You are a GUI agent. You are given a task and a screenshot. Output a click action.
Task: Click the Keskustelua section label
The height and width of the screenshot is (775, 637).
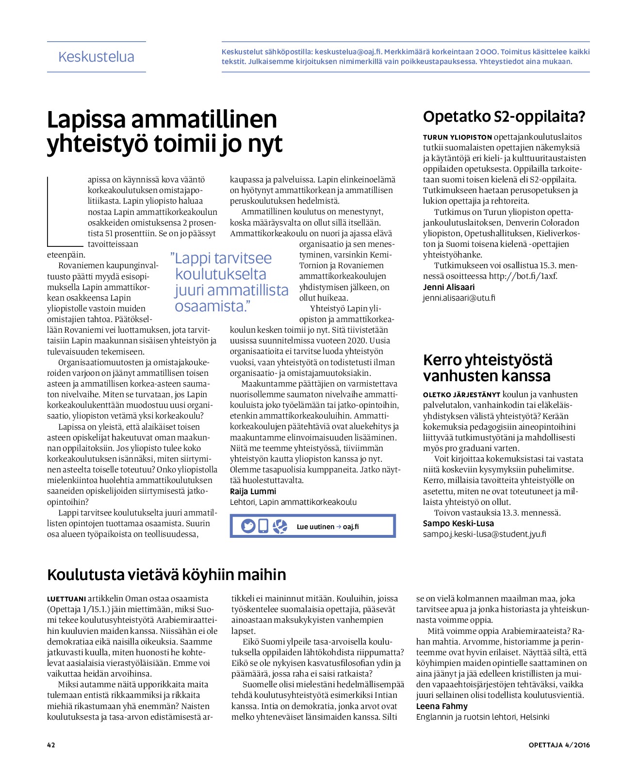coord(96,57)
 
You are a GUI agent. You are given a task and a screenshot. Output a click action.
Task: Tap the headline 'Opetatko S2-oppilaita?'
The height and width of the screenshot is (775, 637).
coord(504,117)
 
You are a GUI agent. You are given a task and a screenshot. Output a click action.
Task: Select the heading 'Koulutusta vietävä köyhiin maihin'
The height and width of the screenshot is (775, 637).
coord(166,575)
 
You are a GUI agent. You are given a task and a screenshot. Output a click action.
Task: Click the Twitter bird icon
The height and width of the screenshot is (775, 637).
coord(248,526)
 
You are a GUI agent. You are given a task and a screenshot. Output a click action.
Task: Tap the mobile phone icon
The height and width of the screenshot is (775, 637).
coord(263,526)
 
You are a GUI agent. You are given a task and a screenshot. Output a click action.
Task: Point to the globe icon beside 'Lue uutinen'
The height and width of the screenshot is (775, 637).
coord(280,526)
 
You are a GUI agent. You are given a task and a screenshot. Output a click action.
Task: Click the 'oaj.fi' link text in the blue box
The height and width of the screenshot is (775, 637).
coord(351,527)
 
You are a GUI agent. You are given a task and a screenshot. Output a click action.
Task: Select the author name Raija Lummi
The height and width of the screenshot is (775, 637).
coord(253,491)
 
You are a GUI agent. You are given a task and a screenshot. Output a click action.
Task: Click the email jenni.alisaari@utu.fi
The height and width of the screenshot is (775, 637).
coord(459,298)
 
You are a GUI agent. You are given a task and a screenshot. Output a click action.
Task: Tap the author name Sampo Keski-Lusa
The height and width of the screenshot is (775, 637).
coord(458,523)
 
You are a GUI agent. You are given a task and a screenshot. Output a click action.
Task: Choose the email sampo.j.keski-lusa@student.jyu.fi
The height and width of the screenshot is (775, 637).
coord(484,534)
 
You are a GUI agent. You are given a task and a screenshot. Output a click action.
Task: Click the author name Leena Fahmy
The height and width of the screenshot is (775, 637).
coord(442,706)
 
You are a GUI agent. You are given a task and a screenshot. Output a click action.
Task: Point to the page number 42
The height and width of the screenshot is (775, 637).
coord(51,745)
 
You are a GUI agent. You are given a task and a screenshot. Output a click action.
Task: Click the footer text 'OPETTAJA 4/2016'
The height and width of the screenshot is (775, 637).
coord(559,745)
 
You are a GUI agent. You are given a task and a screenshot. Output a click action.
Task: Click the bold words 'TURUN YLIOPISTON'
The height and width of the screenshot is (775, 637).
coord(457,137)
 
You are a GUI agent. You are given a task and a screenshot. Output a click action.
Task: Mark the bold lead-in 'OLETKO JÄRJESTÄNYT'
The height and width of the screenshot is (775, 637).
coord(461,395)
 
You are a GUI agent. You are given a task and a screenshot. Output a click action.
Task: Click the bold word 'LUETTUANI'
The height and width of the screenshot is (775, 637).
coord(66,599)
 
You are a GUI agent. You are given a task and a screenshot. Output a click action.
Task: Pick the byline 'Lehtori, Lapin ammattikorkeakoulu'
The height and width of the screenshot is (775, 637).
coord(293,502)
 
